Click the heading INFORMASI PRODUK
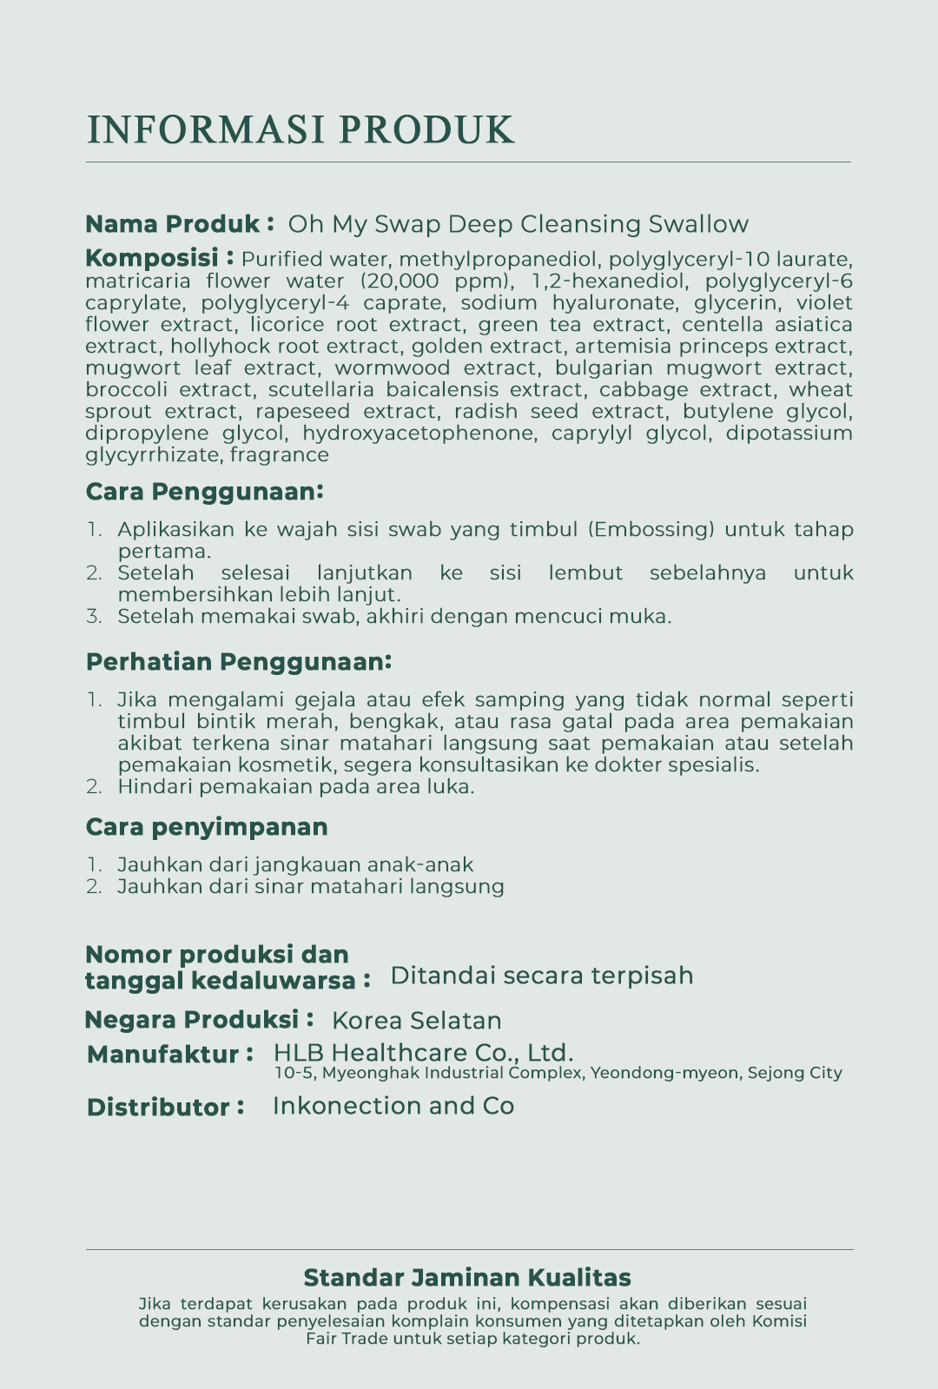[301, 129]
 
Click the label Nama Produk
[173, 224]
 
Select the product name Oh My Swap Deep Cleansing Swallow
[518, 224]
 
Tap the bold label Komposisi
[152, 258]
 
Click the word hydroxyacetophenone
[418, 433]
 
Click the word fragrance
[279, 454]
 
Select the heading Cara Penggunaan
[204, 492]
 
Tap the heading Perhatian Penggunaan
[239, 662]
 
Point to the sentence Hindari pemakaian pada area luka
[295, 786]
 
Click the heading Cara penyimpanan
[207, 826]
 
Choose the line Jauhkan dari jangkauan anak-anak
[295, 864]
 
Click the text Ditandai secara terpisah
[542, 976]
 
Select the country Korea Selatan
[417, 1021]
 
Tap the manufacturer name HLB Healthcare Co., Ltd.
[423, 1053]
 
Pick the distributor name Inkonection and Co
[393, 1106]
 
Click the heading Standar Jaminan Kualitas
[467, 1278]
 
